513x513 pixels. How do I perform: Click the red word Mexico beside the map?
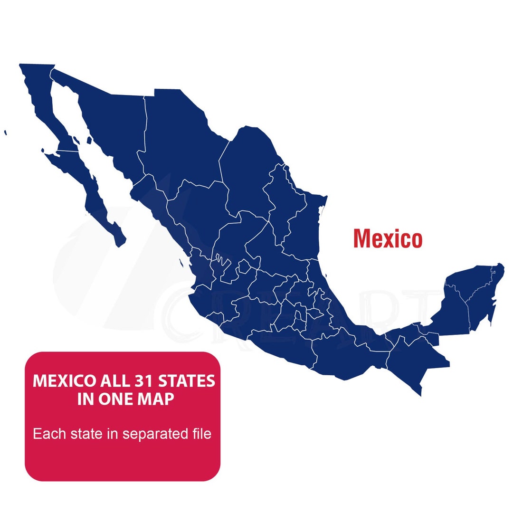387,238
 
